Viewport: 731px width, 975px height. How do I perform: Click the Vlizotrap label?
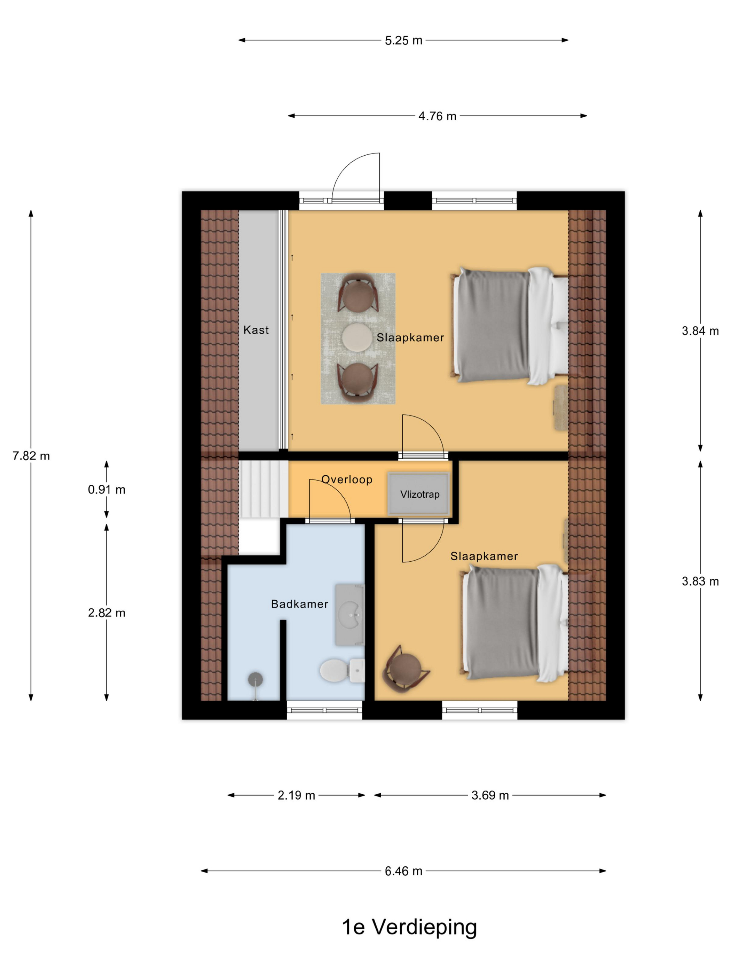pos(419,494)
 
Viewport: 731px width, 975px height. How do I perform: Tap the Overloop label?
pos(347,479)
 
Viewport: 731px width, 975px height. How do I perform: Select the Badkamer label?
pos(300,604)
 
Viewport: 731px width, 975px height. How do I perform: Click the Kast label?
pos(256,330)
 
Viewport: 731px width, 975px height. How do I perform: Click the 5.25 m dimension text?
pos(403,40)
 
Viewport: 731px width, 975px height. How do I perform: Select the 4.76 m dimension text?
pos(437,116)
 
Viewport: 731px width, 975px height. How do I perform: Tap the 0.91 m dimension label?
pos(107,489)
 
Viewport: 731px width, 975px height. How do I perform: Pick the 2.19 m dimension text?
pos(296,795)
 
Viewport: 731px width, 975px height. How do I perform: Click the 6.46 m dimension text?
pos(403,871)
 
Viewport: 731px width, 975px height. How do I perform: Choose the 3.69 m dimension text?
pos(490,795)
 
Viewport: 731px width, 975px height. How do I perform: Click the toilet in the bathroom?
pos(342,670)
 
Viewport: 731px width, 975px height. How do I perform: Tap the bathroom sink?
pos(350,615)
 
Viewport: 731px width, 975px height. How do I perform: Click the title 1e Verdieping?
pos(409,927)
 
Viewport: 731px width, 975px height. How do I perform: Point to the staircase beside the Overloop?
pos(263,489)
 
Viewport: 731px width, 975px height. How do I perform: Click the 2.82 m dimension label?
pos(107,613)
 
